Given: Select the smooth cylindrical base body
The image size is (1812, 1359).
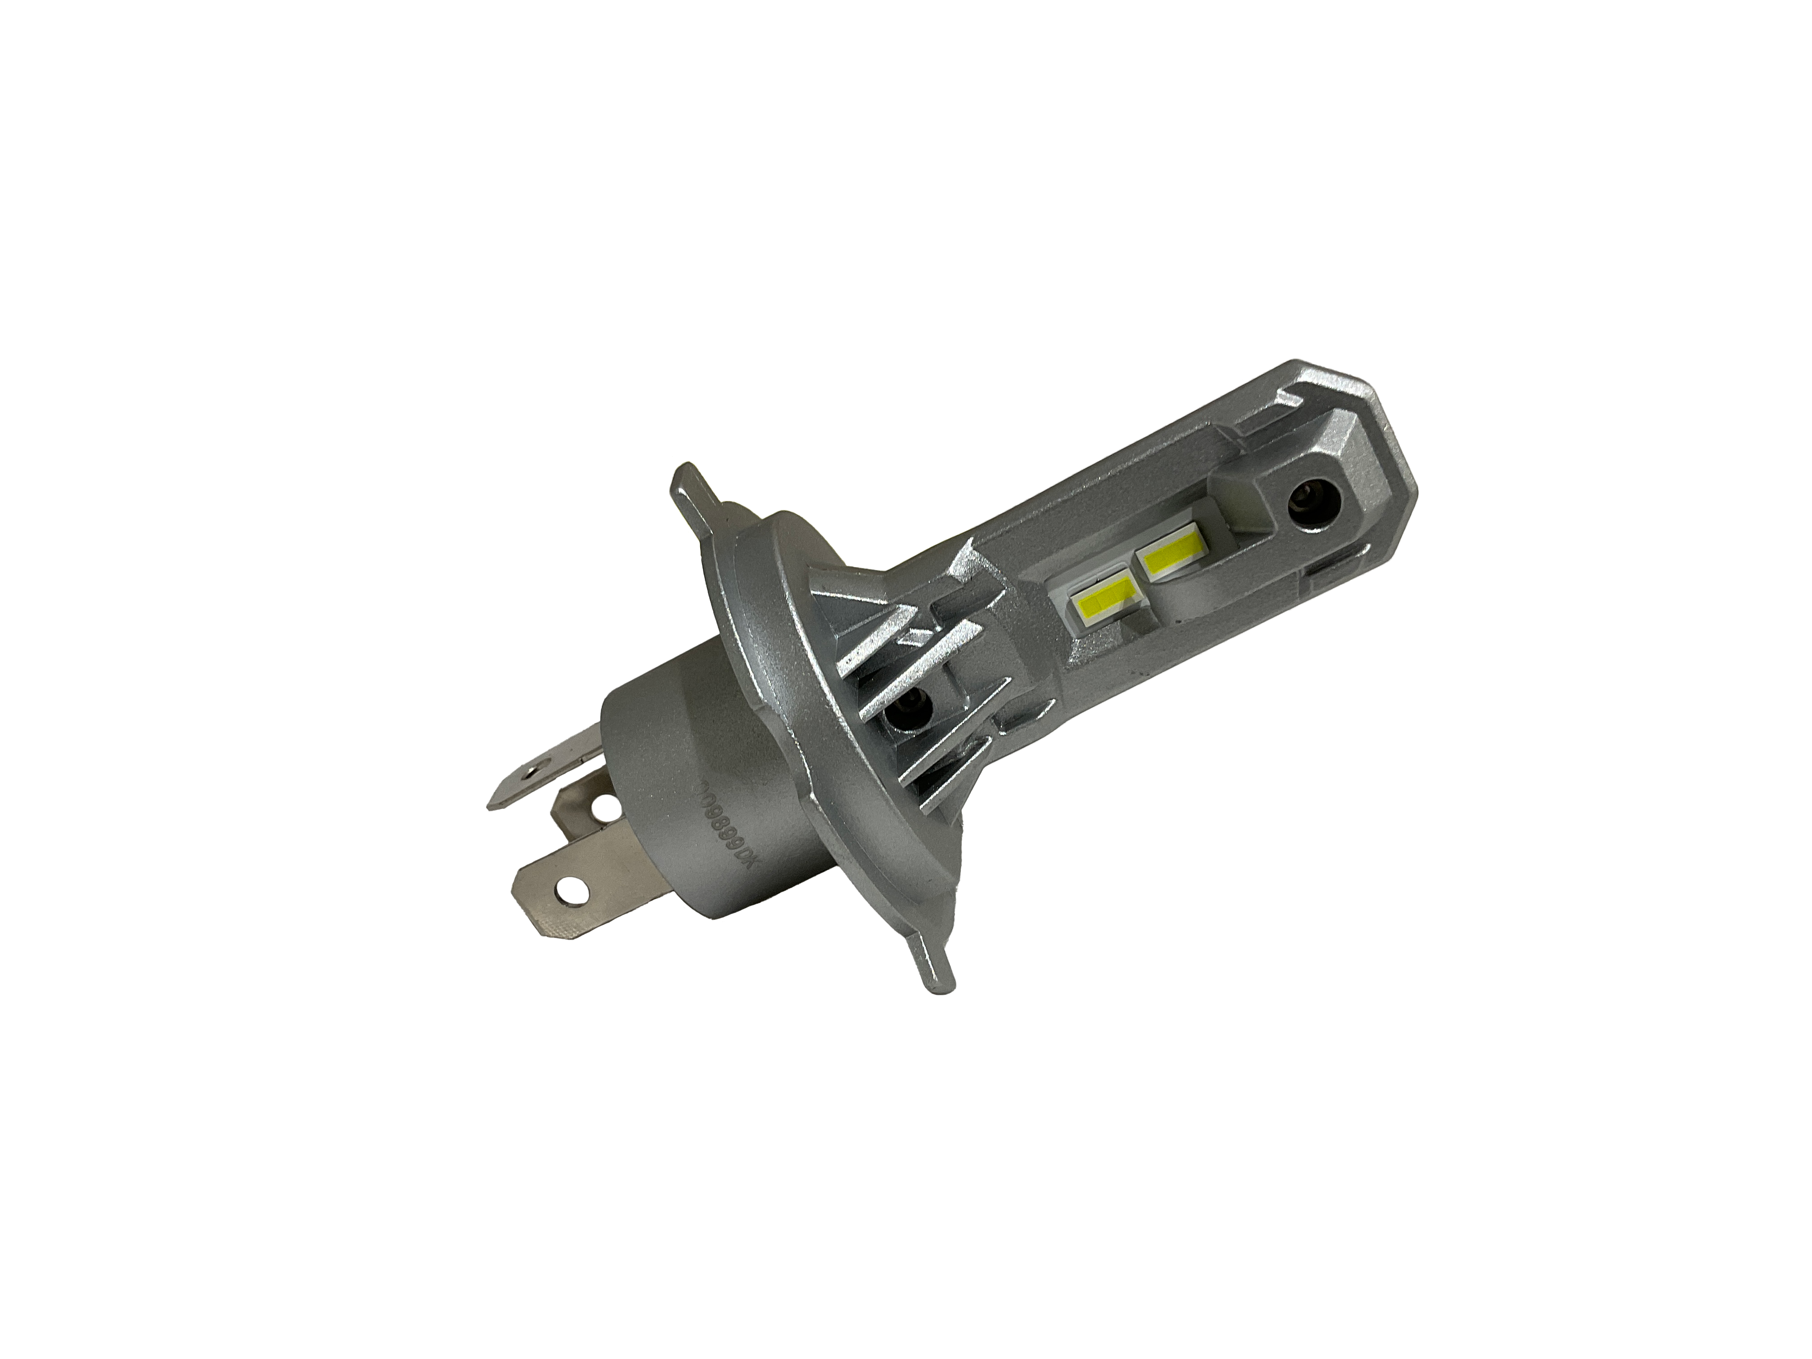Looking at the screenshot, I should [x=680, y=786].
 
